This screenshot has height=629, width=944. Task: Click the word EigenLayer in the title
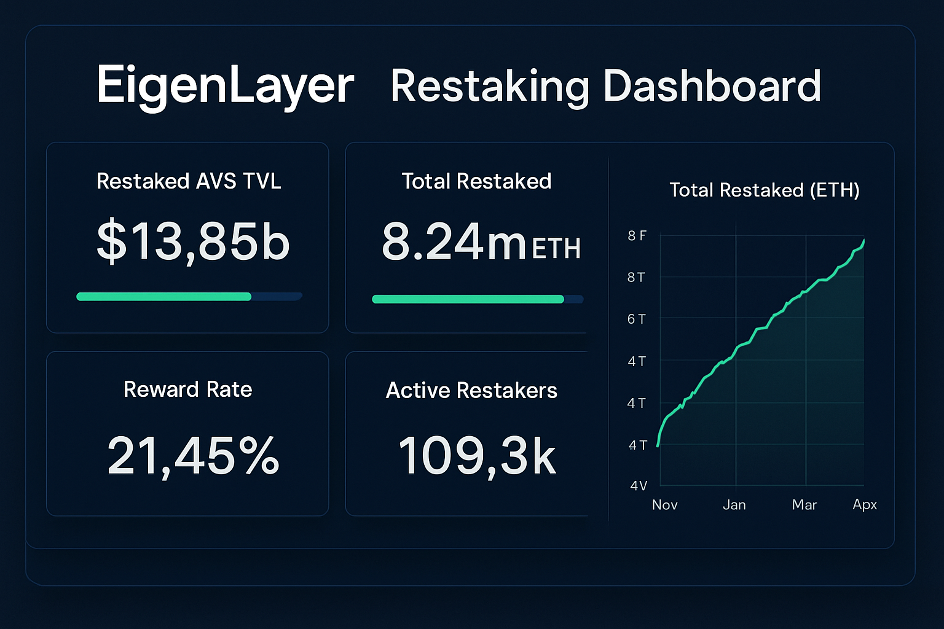coord(225,86)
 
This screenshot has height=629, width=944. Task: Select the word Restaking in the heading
coord(490,86)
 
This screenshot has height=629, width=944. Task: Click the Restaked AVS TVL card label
coord(189,181)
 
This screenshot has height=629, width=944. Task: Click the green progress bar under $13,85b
coord(163,297)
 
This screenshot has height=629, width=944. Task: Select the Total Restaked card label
coord(476,181)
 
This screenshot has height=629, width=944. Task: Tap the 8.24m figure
coord(454,242)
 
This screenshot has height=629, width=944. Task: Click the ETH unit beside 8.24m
coord(556,249)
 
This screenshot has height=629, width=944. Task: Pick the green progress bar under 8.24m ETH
coord(468,299)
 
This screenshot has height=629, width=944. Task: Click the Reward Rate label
coord(187,389)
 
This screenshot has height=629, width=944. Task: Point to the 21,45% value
coord(193,456)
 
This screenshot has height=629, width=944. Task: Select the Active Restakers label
coord(471,391)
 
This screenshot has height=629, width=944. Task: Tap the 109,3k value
coord(477,456)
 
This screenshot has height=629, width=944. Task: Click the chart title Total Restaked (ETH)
coord(764,190)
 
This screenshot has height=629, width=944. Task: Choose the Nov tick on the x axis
coord(664,505)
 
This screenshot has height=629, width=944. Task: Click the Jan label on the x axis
coord(734,505)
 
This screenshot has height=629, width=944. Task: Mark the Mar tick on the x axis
coord(804,505)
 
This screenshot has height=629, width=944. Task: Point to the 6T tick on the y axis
coord(636,319)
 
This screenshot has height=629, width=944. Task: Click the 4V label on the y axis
coord(639,486)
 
